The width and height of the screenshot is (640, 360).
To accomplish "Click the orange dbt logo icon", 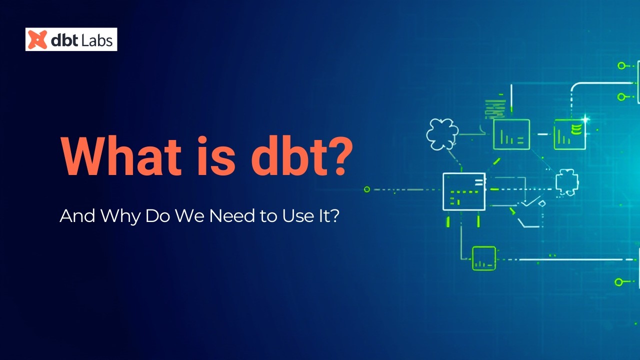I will tap(37, 39).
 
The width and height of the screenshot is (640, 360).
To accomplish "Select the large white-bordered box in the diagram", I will tap(464, 191).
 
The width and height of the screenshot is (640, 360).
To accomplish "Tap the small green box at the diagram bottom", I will tap(483, 258).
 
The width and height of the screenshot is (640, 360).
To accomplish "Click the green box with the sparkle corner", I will tap(569, 134).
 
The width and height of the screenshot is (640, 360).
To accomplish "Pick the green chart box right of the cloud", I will tap(511, 134).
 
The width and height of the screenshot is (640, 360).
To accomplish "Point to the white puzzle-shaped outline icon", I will tap(566, 181).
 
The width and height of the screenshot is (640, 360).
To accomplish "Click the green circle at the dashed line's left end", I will tap(367, 189).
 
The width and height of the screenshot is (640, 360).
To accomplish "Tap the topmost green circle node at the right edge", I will tap(621, 65).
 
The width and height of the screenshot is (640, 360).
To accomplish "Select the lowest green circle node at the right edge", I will tap(618, 282).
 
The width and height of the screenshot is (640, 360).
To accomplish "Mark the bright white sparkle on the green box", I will tap(585, 119).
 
